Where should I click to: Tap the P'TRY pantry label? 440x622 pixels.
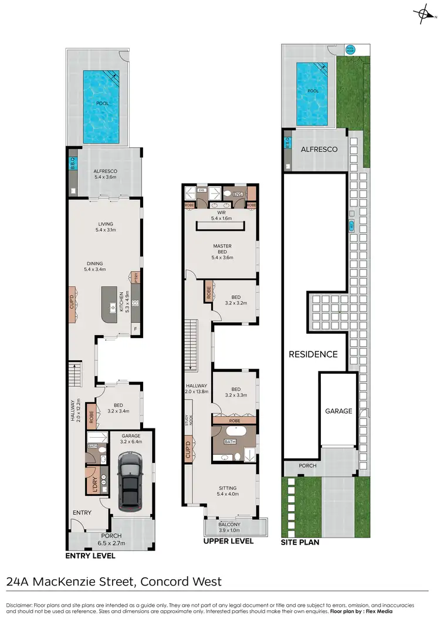coord(135,278)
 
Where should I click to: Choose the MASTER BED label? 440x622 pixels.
coord(222,250)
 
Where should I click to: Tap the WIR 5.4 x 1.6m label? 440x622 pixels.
coord(222,215)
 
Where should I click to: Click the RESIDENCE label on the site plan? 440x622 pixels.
coord(313,354)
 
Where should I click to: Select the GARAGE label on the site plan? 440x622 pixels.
coord(339,411)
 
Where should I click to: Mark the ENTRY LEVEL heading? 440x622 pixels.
coord(90,556)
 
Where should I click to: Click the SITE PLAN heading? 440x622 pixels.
coord(301,543)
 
